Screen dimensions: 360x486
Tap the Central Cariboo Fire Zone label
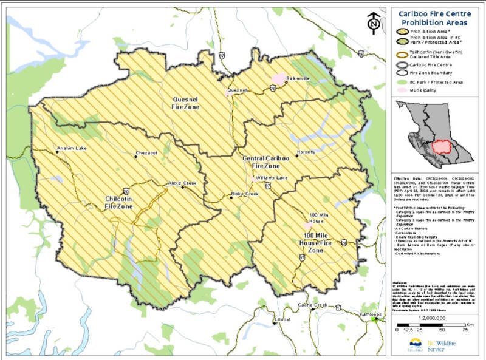click(x=261, y=161)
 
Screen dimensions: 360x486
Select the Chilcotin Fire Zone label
click(x=118, y=203)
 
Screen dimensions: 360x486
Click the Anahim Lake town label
click(x=72, y=148)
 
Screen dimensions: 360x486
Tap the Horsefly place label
click(x=306, y=151)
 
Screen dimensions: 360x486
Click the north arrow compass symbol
click(x=374, y=23)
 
